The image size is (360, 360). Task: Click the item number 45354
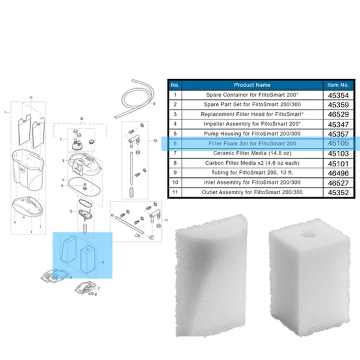(338, 95)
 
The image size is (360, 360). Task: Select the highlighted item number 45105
(338, 143)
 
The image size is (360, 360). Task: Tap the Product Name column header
(252, 85)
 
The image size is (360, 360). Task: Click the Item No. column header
(338, 85)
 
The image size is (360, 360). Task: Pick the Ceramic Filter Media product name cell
(252, 153)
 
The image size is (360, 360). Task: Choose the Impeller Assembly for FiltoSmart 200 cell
(252, 124)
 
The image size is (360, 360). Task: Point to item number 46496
(338, 173)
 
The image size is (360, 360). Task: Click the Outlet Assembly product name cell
(252, 192)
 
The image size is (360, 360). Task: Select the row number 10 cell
(175, 183)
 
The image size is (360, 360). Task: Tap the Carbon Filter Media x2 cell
(252, 163)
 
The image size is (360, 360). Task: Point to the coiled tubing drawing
(134, 99)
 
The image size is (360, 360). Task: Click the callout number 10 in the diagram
(155, 141)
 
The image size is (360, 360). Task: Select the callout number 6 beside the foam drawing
(103, 262)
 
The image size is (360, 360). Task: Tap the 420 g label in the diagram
(93, 294)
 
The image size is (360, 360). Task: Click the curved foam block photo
(211, 275)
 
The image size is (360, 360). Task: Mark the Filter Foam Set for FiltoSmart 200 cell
(252, 144)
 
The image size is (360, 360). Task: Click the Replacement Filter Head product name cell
(252, 114)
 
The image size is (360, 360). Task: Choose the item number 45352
(338, 193)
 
